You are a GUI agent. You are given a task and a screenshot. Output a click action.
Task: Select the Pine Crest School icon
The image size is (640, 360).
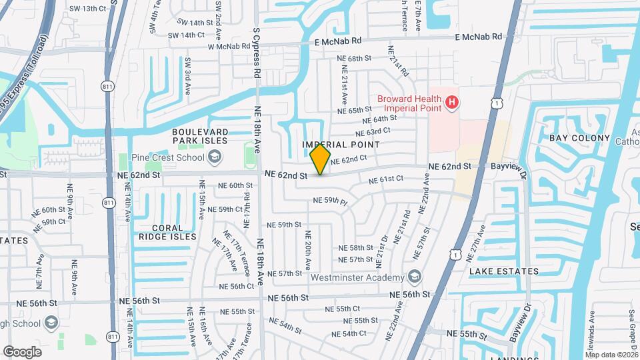point(214,157)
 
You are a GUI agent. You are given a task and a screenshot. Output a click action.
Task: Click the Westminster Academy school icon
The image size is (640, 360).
point(414,277)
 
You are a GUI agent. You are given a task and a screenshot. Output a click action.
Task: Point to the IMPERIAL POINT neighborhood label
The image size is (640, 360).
point(341,145)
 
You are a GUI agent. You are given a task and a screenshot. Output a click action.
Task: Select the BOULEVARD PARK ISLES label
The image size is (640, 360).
point(199,136)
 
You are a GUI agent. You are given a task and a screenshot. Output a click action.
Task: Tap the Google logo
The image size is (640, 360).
point(22,351)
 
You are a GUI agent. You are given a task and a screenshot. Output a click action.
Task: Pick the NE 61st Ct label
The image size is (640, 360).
point(387,179)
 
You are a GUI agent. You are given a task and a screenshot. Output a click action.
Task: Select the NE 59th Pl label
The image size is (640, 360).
point(331,200)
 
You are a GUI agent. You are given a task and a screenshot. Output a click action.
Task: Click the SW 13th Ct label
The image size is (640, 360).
point(89,8)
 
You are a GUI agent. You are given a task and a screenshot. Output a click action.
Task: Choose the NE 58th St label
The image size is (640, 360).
point(355,247)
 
